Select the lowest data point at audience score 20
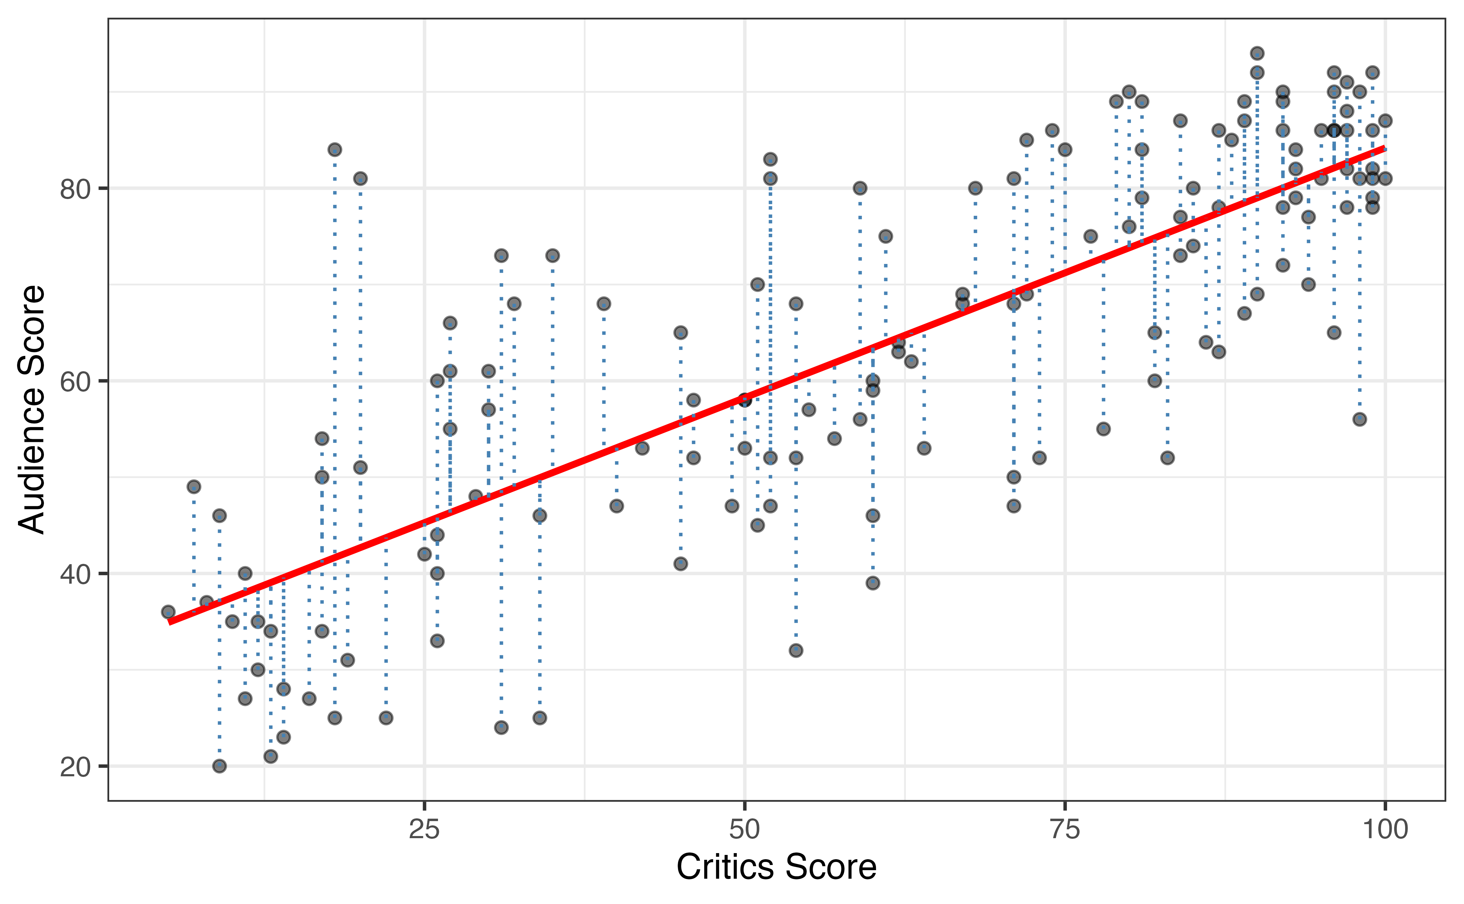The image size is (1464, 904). pyautogui.click(x=220, y=766)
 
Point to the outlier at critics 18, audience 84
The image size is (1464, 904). pyautogui.click(x=335, y=149)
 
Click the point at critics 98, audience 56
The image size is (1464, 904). pyautogui.click(x=1359, y=419)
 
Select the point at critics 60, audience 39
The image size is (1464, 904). pyautogui.click(x=873, y=583)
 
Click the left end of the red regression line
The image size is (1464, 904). pyautogui.click(x=170, y=622)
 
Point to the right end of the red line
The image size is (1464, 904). pyautogui.click(x=1384, y=148)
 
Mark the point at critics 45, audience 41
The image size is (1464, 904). pyautogui.click(x=680, y=564)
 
